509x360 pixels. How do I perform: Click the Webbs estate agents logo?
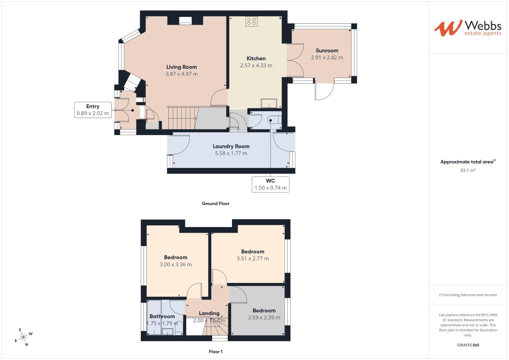(468, 28)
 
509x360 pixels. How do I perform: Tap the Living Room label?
(182, 67)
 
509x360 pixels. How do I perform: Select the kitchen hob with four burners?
(252, 22)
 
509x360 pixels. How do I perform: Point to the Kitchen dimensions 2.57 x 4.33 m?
(256, 65)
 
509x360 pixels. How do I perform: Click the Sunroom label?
(327, 50)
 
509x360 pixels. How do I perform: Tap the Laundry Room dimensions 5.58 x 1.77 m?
(231, 153)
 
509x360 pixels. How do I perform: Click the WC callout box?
(270, 184)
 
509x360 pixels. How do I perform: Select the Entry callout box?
(93, 110)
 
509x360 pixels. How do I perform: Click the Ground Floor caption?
(215, 203)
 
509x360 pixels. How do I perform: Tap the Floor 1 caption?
(216, 352)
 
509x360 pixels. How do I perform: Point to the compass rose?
(23, 337)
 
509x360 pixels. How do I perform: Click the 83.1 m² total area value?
(468, 170)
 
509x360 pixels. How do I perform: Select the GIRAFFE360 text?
(468, 345)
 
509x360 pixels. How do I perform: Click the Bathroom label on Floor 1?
(162, 316)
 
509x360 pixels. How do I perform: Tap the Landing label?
(209, 313)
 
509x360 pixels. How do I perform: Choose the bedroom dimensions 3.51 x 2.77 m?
(253, 258)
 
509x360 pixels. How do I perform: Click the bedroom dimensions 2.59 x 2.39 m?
(264, 317)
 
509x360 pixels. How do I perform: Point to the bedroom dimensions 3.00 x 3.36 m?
(176, 264)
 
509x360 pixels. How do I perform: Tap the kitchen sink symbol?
(269, 103)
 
